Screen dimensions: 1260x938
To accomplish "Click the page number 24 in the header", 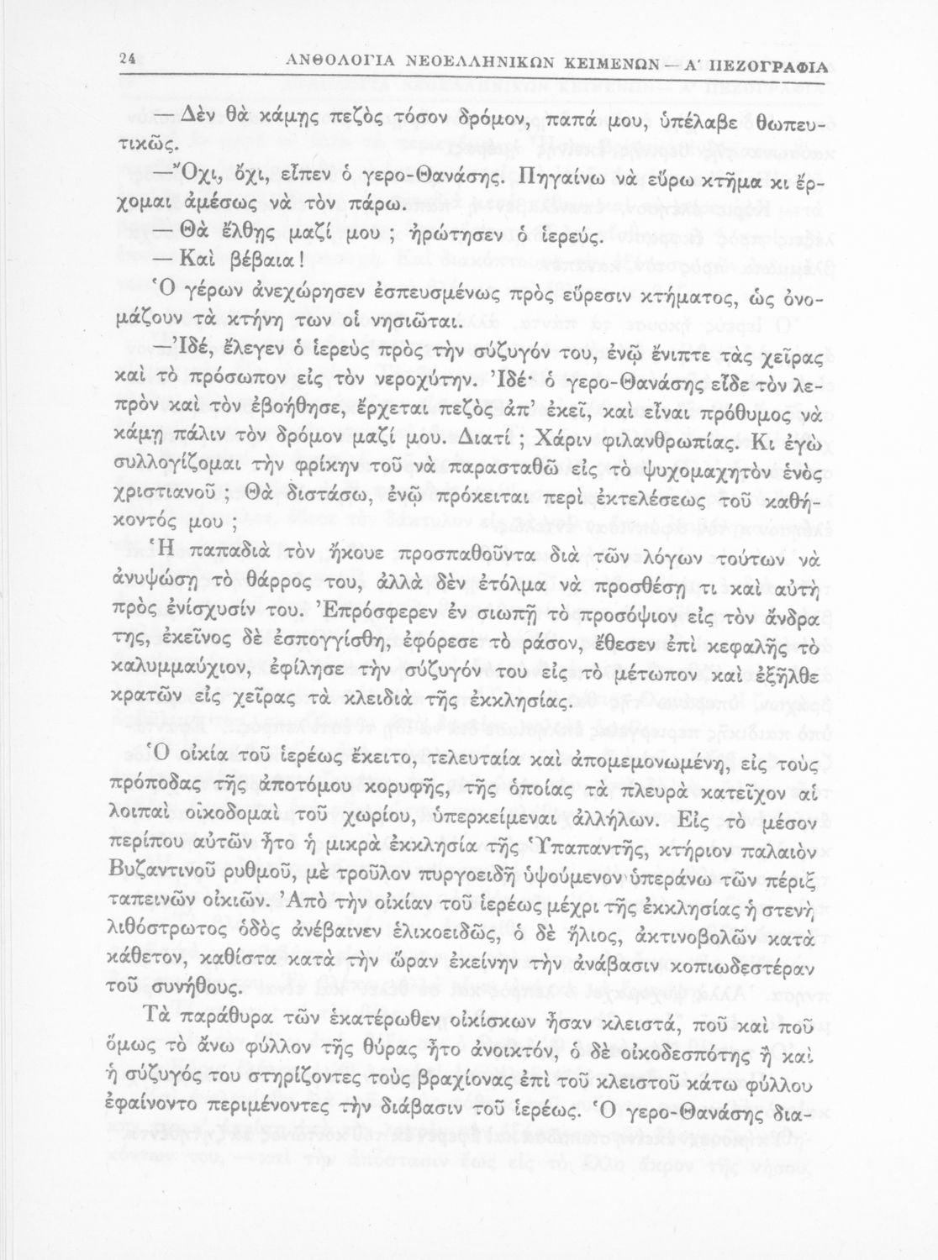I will pos(128,60).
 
